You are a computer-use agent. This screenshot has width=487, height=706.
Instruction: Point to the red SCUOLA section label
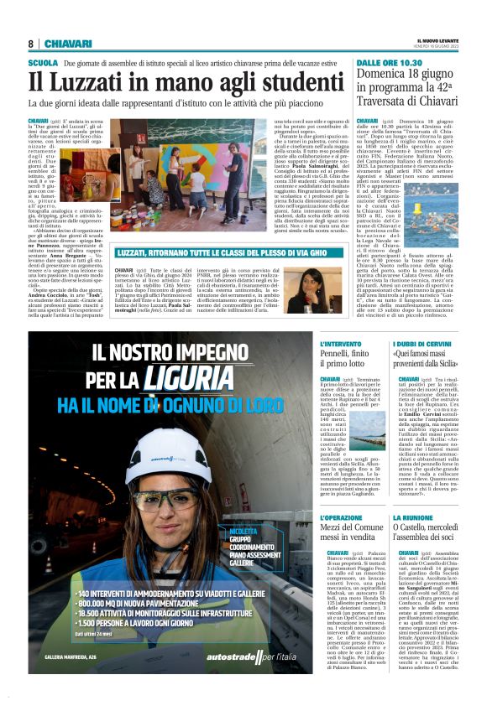coord(43,63)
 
